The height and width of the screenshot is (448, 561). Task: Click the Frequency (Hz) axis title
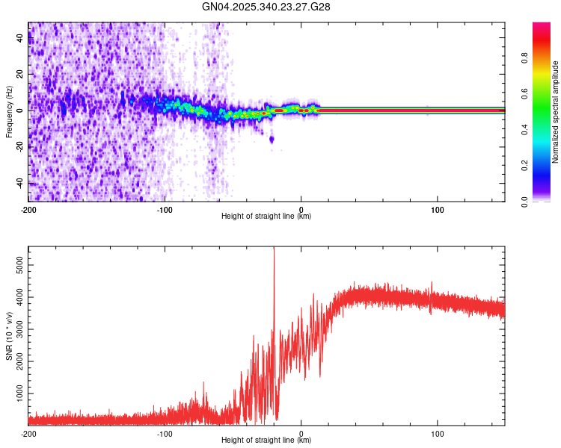coord(9,112)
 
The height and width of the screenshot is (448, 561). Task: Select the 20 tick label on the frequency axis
coord(19,75)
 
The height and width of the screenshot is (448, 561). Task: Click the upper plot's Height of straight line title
coord(266,217)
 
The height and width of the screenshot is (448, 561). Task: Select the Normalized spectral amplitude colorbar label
coord(555,112)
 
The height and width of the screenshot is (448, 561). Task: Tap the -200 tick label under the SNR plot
coord(28,433)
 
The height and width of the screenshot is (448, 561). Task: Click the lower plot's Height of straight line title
coord(266,441)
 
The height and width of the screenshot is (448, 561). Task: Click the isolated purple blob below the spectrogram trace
coord(272,139)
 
